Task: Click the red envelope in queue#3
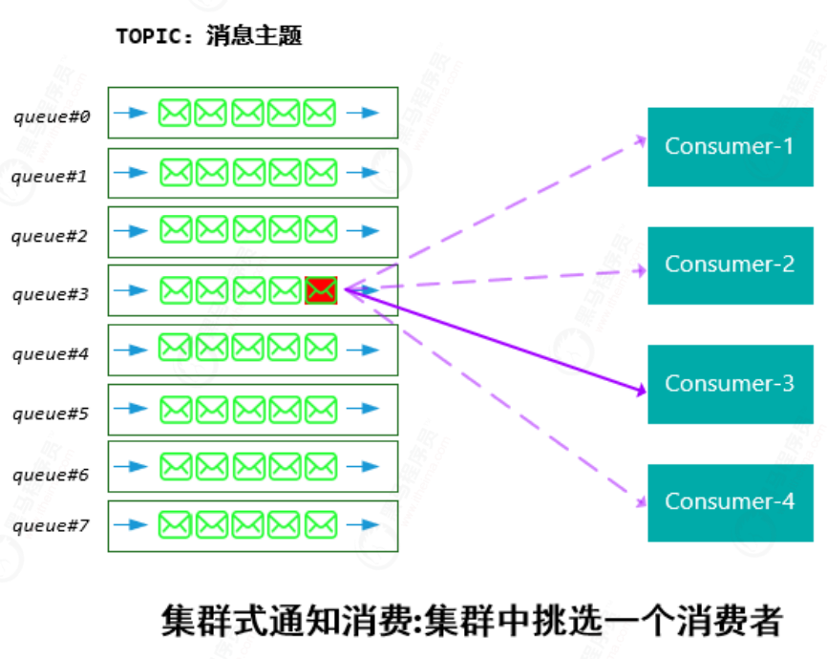(x=321, y=289)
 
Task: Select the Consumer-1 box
(x=730, y=146)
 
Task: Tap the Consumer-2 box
(x=730, y=265)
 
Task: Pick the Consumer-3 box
(x=730, y=384)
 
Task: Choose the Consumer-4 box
(x=730, y=502)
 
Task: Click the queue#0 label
(x=52, y=117)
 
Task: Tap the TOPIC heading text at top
(x=208, y=36)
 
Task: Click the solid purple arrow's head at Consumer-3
(x=641, y=389)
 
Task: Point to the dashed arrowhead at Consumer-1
(x=642, y=139)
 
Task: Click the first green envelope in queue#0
(x=175, y=114)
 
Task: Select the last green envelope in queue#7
(x=321, y=524)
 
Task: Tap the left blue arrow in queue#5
(x=130, y=409)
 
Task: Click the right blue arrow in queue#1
(x=363, y=173)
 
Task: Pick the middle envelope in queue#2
(x=248, y=229)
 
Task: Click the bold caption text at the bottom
(x=472, y=621)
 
